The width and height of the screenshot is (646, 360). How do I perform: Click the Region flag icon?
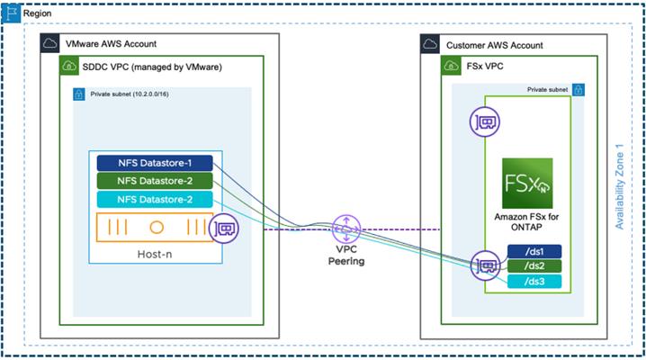click(11, 13)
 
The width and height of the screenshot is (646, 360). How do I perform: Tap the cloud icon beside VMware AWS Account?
click(49, 43)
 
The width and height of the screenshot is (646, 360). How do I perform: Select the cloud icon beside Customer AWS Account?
click(430, 44)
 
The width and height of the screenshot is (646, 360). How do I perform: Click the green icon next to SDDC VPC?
click(69, 66)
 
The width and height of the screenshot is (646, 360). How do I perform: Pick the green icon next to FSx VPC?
click(451, 66)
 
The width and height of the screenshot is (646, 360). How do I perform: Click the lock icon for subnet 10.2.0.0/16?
click(78, 94)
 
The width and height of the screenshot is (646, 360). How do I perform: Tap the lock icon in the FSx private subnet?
click(579, 90)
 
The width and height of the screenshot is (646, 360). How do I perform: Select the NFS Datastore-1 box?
click(155, 163)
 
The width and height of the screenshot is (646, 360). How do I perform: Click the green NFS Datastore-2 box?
click(155, 181)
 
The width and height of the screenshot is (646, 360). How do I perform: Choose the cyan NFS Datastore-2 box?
click(155, 200)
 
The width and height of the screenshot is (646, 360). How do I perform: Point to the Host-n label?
click(155, 254)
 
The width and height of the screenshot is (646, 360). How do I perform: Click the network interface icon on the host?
click(224, 229)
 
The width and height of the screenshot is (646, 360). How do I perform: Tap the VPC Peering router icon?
click(346, 229)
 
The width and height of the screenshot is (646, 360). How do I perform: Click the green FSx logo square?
click(527, 184)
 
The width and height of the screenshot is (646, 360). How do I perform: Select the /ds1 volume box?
click(534, 252)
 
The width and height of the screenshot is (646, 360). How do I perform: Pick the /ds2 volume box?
click(534, 266)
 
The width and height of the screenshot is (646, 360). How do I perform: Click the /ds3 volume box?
click(534, 282)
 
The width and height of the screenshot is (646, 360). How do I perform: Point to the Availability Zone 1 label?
click(619, 186)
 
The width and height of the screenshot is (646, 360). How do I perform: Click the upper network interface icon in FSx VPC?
click(485, 121)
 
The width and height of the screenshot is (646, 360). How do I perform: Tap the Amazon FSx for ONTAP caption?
click(526, 221)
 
